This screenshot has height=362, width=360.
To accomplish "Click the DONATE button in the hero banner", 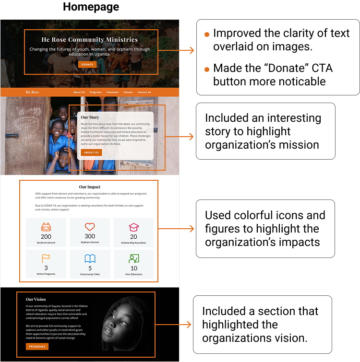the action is tap(87, 64).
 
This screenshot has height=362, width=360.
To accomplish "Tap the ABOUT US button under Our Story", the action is tap(91, 152).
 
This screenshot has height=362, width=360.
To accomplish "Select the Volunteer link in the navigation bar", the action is tap(113, 92).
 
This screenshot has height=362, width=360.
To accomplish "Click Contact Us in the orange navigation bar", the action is tap(144, 92).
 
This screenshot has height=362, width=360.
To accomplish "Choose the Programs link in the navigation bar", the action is tap(96, 92).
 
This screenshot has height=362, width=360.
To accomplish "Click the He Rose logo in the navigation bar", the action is tap(33, 92).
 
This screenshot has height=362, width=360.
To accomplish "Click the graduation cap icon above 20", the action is tap(133, 227).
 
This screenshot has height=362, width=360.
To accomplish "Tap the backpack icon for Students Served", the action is tap(46, 227).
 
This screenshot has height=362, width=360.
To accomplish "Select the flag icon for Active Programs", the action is tap(46, 259).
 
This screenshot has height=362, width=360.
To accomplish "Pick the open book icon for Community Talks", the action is tap(90, 259).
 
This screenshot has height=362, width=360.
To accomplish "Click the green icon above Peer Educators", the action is tap(134, 259).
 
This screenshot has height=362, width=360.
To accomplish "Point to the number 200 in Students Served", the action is tap(46, 236).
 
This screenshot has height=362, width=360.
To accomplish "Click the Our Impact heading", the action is tap(90, 187).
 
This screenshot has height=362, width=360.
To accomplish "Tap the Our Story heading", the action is tap(90, 117).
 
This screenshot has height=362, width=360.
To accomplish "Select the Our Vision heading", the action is tap(36, 299).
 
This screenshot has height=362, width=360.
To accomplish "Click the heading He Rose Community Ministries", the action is tap(90, 40).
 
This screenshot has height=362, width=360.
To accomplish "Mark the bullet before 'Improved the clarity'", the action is tap(207, 35).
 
